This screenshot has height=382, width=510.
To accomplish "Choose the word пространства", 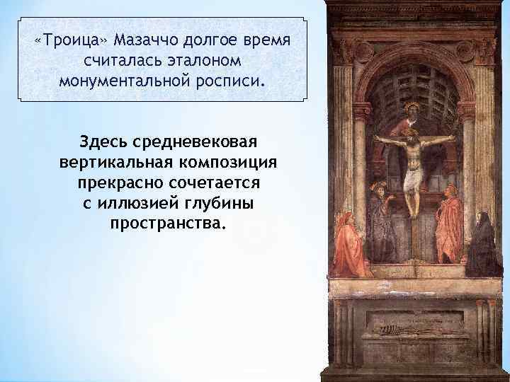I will click(x=165, y=224).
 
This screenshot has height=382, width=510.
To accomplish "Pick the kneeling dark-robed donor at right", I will click(x=483, y=244).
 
